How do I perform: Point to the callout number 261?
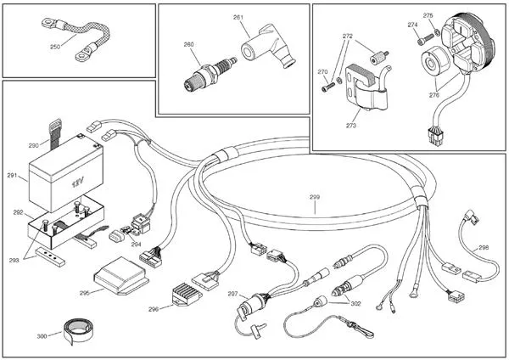(238, 17)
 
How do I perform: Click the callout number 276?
(433, 96)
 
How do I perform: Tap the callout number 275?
(428, 15)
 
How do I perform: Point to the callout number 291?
(12, 176)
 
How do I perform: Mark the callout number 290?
(34, 145)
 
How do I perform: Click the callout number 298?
(484, 247)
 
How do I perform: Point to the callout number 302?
(355, 302)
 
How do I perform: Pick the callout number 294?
(136, 243)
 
